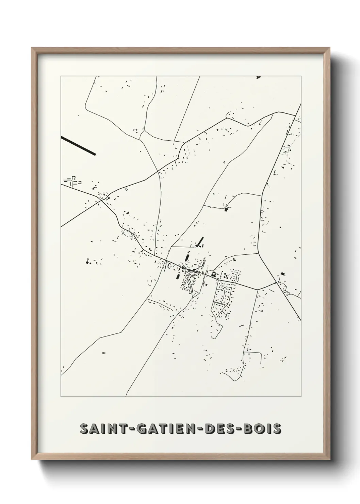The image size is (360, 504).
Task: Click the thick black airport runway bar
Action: [78, 146]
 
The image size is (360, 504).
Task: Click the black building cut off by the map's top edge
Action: [258, 77]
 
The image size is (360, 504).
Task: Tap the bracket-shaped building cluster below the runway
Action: [72, 182]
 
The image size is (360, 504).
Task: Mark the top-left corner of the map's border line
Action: [61, 76]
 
